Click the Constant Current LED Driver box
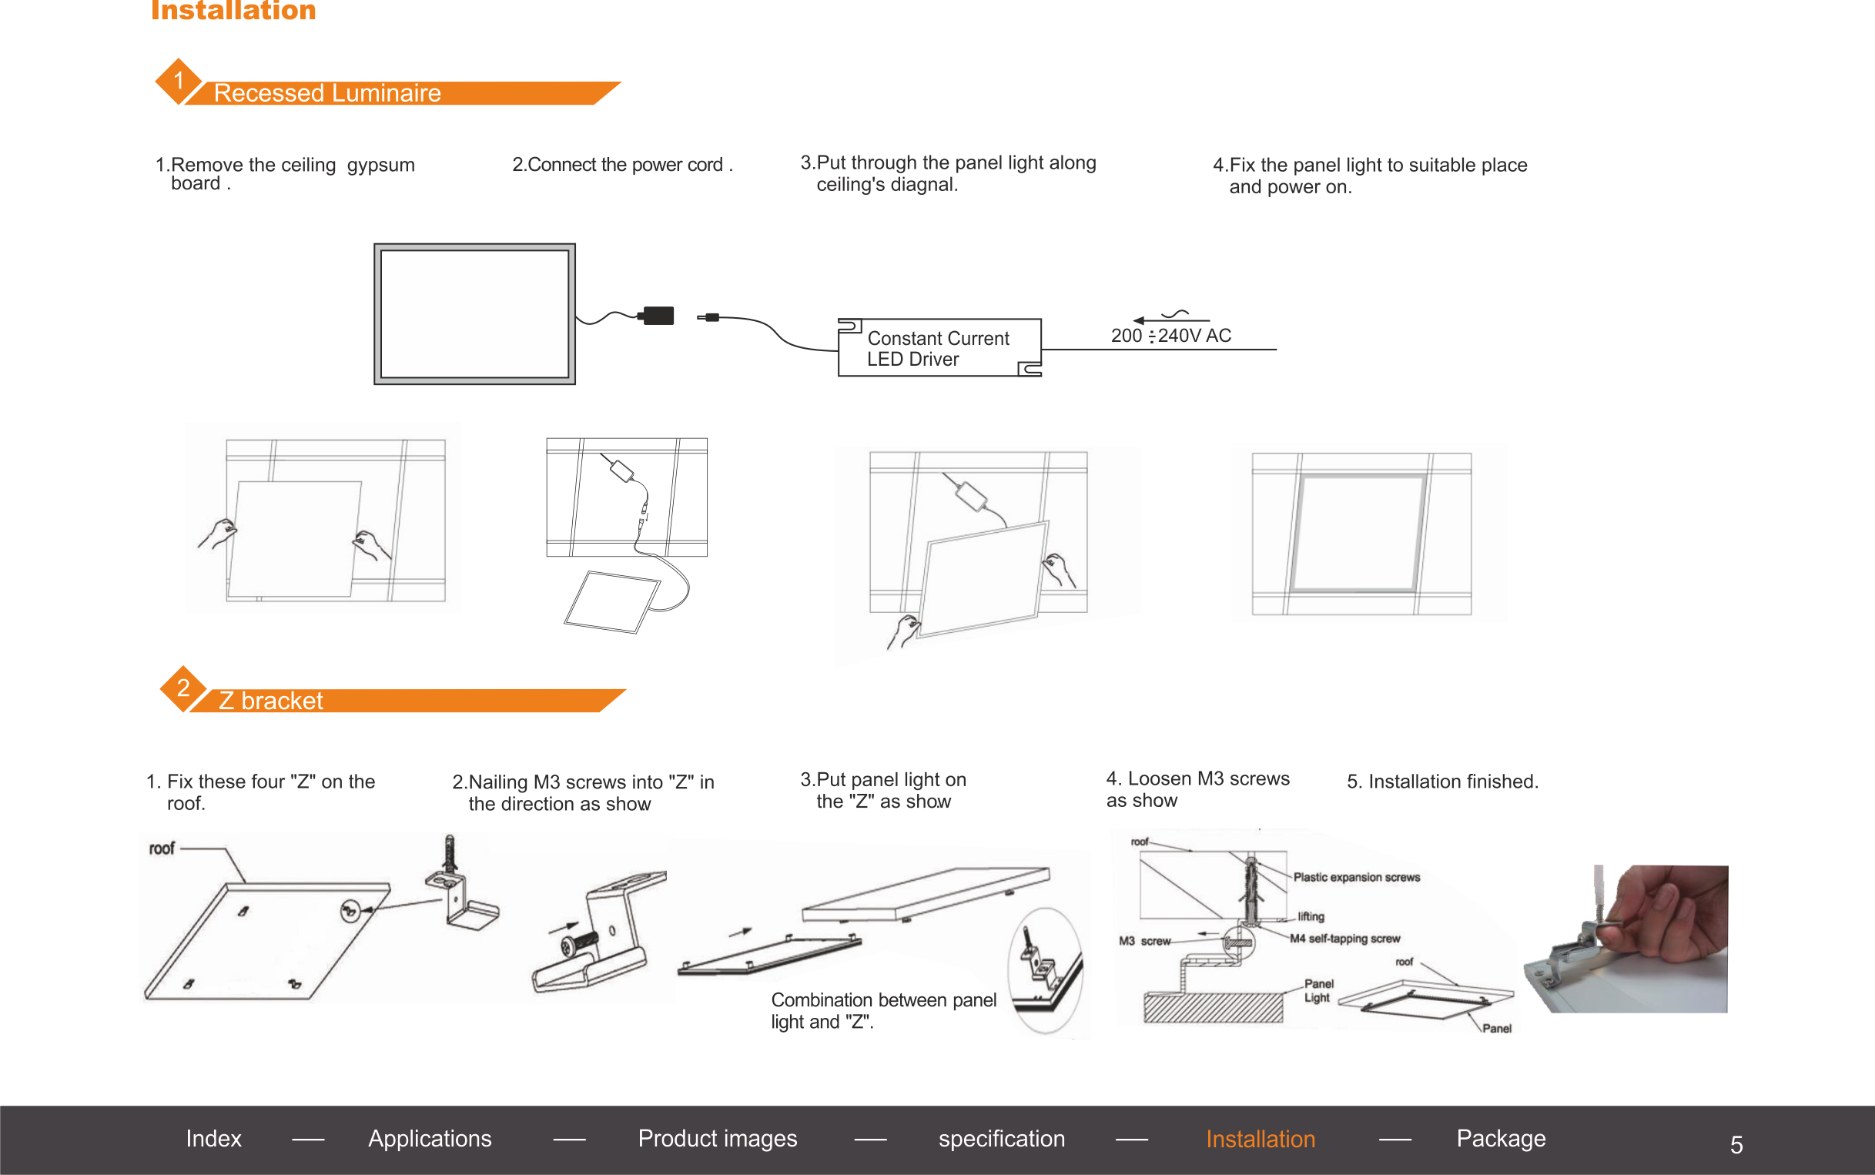pyautogui.click(x=939, y=347)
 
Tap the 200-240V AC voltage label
pyautogui.click(x=1171, y=336)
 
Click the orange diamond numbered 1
pyautogui.click(x=179, y=81)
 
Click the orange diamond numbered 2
pyautogui.click(x=183, y=688)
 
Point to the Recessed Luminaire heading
pyautogui.click(x=327, y=93)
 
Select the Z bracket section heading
pyautogui.click(x=270, y=701)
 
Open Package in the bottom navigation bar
pyautogui.click(x=1501, y=1139)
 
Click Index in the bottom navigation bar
pyautogui.click(x=214, y=1139)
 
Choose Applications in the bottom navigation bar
pyautogui.click(x=430, y=1139)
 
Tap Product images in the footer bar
pyautogui.click(x=717, y=1139)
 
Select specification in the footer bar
pyautogui.click(x=1002, y=1139)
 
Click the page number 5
pyautogui.click(x=1736, y=1145)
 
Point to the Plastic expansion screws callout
pyautogui.click(x=1357, y=877)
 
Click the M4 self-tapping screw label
pyautogui.click(x=1345, y=939)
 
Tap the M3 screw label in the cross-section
pyautogui.click(x=1144, y=941)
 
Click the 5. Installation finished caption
pyautogui.click(x=1442, y=782)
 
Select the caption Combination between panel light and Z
pyautogui.click(x=883, y=1011)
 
